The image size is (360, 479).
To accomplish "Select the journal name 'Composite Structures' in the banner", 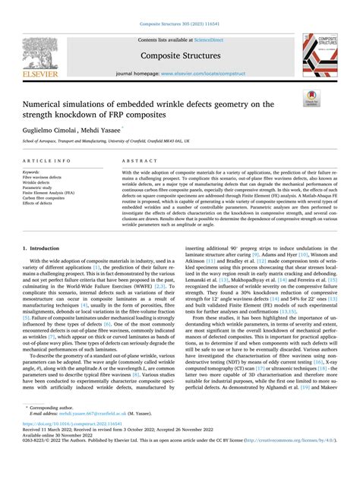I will point(180,55).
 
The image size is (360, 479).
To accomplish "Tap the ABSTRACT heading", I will point(155,161).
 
